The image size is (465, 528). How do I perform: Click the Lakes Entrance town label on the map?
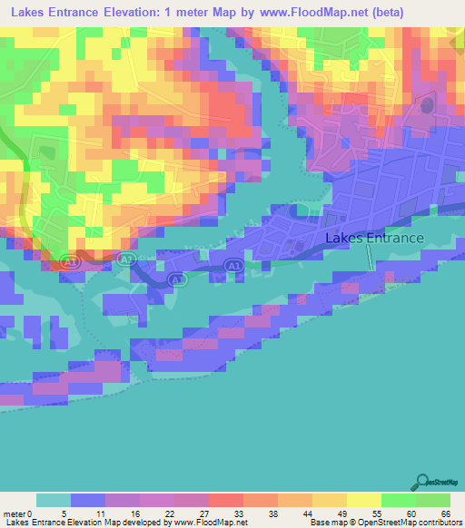pos(374,239)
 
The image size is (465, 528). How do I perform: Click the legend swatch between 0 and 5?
pos(54,500)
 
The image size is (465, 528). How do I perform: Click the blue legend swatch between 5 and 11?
pos(88,500)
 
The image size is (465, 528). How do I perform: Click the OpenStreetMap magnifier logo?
pos(420,483)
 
